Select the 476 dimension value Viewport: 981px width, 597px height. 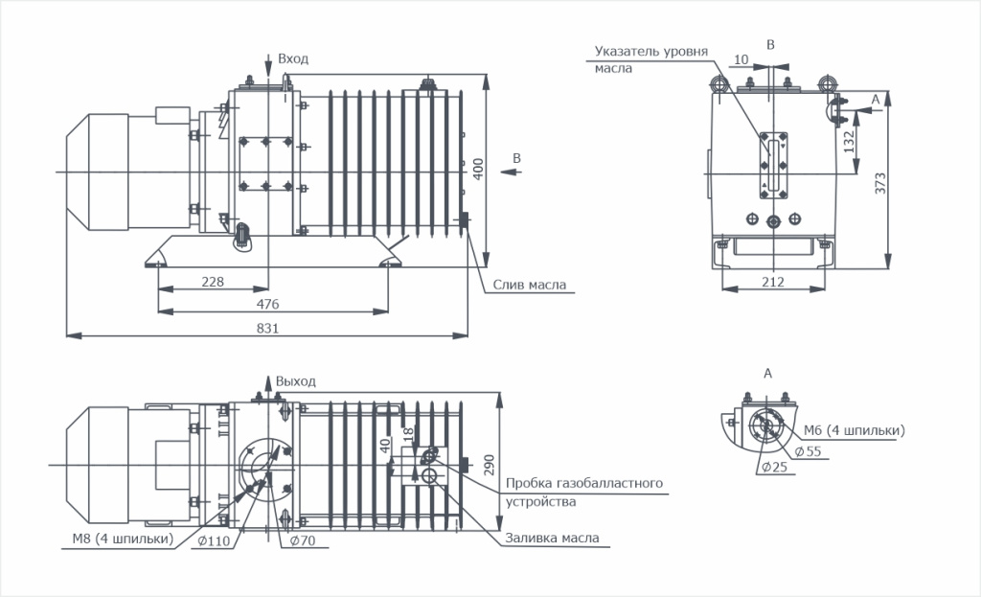point(268,304)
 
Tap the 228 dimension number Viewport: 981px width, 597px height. point(214,281)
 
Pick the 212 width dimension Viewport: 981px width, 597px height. point(773,282)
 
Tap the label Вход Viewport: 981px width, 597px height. point(293,59)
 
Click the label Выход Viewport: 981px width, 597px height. point(295,381)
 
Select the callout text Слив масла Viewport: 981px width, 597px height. point(530,285)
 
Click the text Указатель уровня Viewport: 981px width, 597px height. point(650,51)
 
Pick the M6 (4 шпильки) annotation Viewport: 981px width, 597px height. point(853,430)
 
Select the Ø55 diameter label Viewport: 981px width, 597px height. point(808,451)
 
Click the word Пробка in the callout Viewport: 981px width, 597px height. point(531,483)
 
